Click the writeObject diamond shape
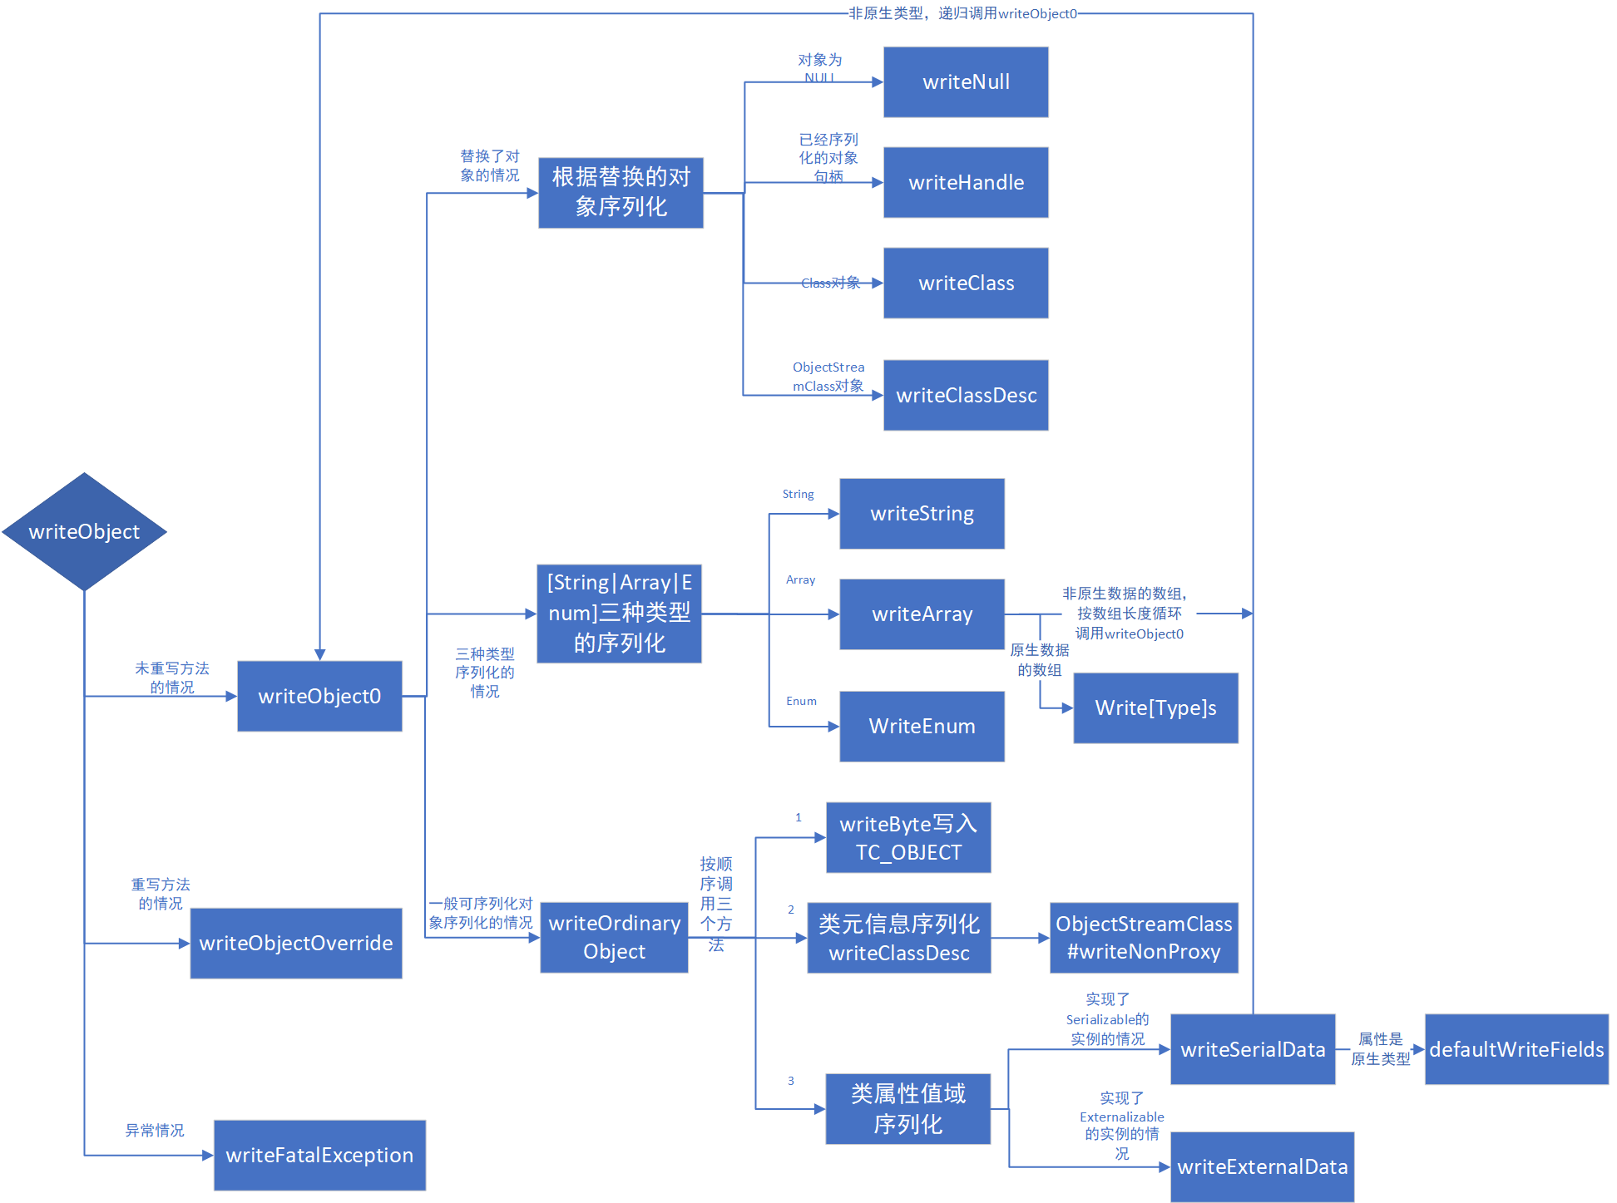pos(84,532)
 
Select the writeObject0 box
pos(319,697)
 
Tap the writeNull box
pos(966,82)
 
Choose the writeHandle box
pos(966,183)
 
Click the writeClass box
pos(966,283)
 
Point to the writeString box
pos(922,514)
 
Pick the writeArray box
pos(922,614)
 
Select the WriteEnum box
pos(922,727)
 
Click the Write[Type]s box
pos(1155,708)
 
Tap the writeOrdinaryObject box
pos(614,938)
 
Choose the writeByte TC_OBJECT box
pos(908,838)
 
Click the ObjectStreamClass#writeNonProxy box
pos(1144,938)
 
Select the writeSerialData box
pos(1253,1049)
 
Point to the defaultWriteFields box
pos(1516,1049)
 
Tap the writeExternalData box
pos(1262,1167)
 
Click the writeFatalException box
pos(319,1156)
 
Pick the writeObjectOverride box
pos(296,944)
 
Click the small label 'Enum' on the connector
pos(801,701)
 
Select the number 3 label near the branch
pos(791,1081)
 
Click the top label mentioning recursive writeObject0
pos(962,13)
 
